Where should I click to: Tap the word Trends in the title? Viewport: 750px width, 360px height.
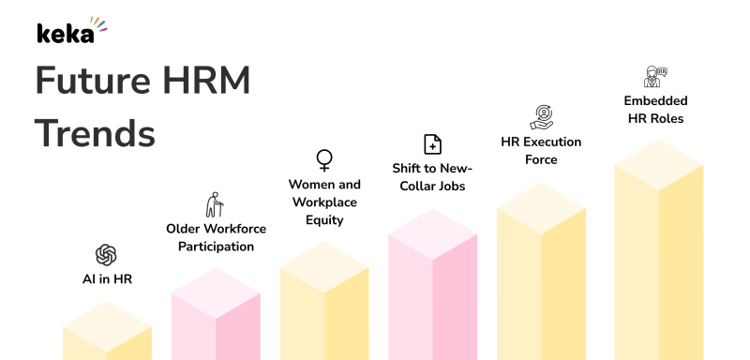pos(95,134)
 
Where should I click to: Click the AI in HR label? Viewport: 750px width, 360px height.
pos(106,278)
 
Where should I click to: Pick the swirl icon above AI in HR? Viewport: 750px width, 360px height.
pos(106,254)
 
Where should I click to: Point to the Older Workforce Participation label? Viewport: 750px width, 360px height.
pos(216,237)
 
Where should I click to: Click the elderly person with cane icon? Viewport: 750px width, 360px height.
pos(216,204)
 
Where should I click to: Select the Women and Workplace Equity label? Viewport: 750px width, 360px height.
pos(324,202)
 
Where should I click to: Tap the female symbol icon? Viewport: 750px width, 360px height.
pos(324,158)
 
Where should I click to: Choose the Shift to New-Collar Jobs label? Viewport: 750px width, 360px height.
pos(432,177)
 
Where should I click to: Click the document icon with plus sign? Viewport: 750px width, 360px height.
pos(432,143)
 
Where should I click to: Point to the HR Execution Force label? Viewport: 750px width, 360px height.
pos(542,150)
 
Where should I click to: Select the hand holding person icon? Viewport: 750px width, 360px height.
pos(542,117)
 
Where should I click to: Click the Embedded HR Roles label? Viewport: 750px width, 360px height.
pos(655,110)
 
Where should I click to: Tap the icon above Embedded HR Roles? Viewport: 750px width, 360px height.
pos(655,77)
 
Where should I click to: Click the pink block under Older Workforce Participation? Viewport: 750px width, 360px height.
pos(216,319)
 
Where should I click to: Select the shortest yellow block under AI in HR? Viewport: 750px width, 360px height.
pos(107,333)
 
